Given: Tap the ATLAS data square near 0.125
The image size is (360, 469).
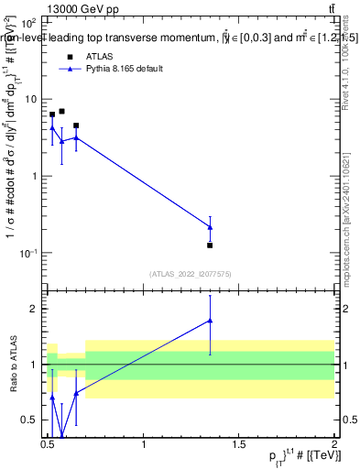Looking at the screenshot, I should pyautogui.click(x=210, y=245).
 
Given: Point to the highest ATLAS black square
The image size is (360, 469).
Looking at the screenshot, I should pyautogui.click(x=61, y=111).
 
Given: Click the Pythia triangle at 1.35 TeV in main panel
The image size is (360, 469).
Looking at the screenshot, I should pyautogui.click(x=210, y=227).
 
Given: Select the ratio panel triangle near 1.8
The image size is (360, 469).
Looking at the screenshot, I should pyautogui.click(x=210, y=321).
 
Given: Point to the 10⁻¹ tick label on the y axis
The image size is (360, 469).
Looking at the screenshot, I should pyautogui.click(x=28, y=253).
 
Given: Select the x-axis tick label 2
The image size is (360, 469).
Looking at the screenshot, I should pyautogui.click(x=334, y=444).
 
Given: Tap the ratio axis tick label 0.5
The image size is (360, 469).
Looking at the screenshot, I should pyautogui.click(x=31, y=420).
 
